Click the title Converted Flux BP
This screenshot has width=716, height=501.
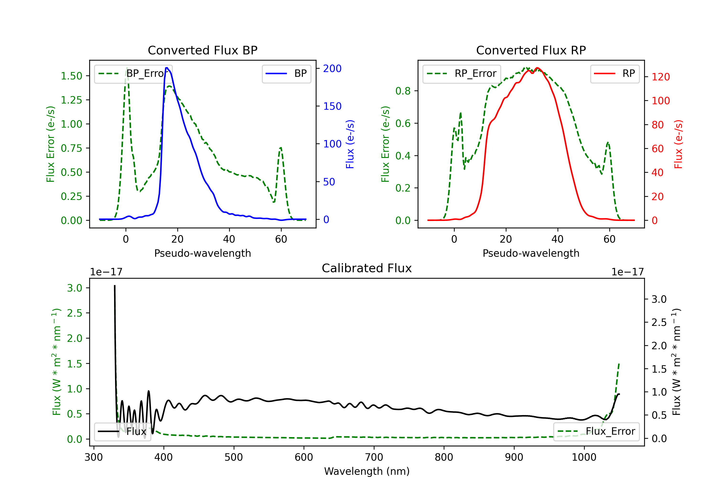pyautogui.click(x=202, y=50)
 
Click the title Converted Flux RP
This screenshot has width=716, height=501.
pyautogui.click(x=531, y=50)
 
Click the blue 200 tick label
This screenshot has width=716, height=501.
pyautogui.click(x=332, y=68)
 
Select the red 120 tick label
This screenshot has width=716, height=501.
pyautogui.click(x=660, y=77)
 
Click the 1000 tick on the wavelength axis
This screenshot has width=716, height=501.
pyautogui.click(x=584, y=457)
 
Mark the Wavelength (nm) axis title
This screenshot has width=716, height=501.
pyautogui.click(x=367, y=471)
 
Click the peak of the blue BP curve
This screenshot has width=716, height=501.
pyautogui.click(x=167, y=68)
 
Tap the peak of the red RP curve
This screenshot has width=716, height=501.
pyautogui.click(x=537, y=68)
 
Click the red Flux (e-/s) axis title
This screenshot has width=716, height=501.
pyautogui.click(x=679, y=144)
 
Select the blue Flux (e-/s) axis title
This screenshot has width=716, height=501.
pyautogui.click(x=350, y=144)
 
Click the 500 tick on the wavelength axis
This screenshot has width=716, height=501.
pyautogui.click(x=234, y=457)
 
